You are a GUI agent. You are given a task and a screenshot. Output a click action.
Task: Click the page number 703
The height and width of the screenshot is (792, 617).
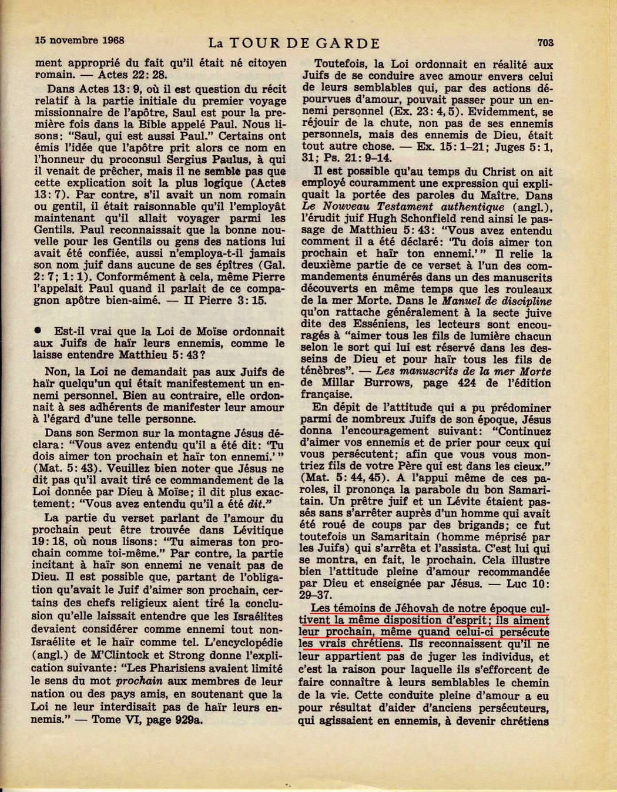545,42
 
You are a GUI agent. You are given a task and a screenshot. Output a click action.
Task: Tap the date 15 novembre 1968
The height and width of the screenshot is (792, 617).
75,41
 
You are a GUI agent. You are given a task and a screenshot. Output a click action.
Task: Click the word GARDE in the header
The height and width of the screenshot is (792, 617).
351,43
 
